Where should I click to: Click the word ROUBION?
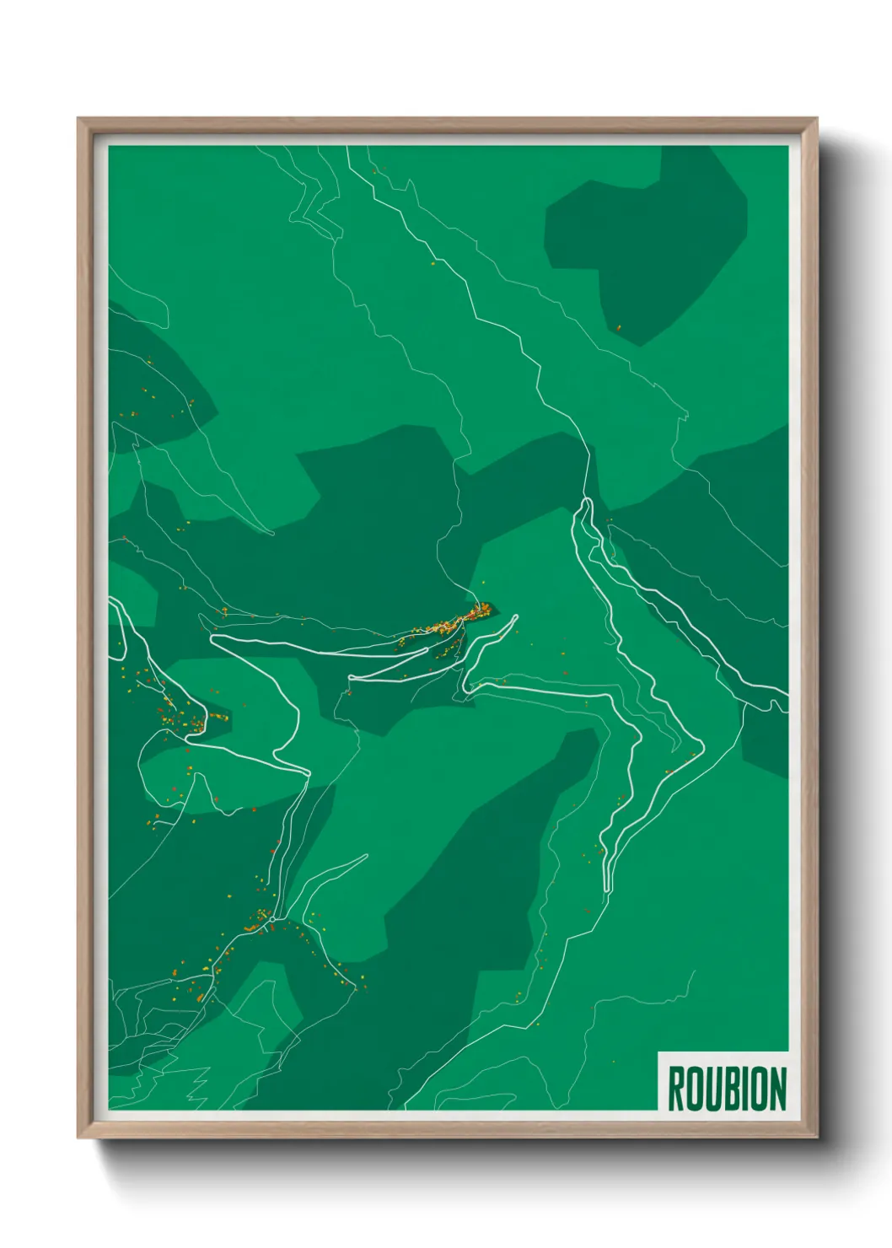pos(727,1089)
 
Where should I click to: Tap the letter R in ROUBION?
pos(676,1089)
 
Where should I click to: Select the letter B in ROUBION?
pos(729,1089)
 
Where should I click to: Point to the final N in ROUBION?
pos(776,1089)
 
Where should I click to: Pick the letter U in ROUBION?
pos(712,1089)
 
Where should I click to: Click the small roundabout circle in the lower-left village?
pos(272,919)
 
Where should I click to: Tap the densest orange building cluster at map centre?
pos(459,620)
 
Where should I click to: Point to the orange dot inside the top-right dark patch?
pos(618,327)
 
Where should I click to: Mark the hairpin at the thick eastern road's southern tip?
pos(607,885)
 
